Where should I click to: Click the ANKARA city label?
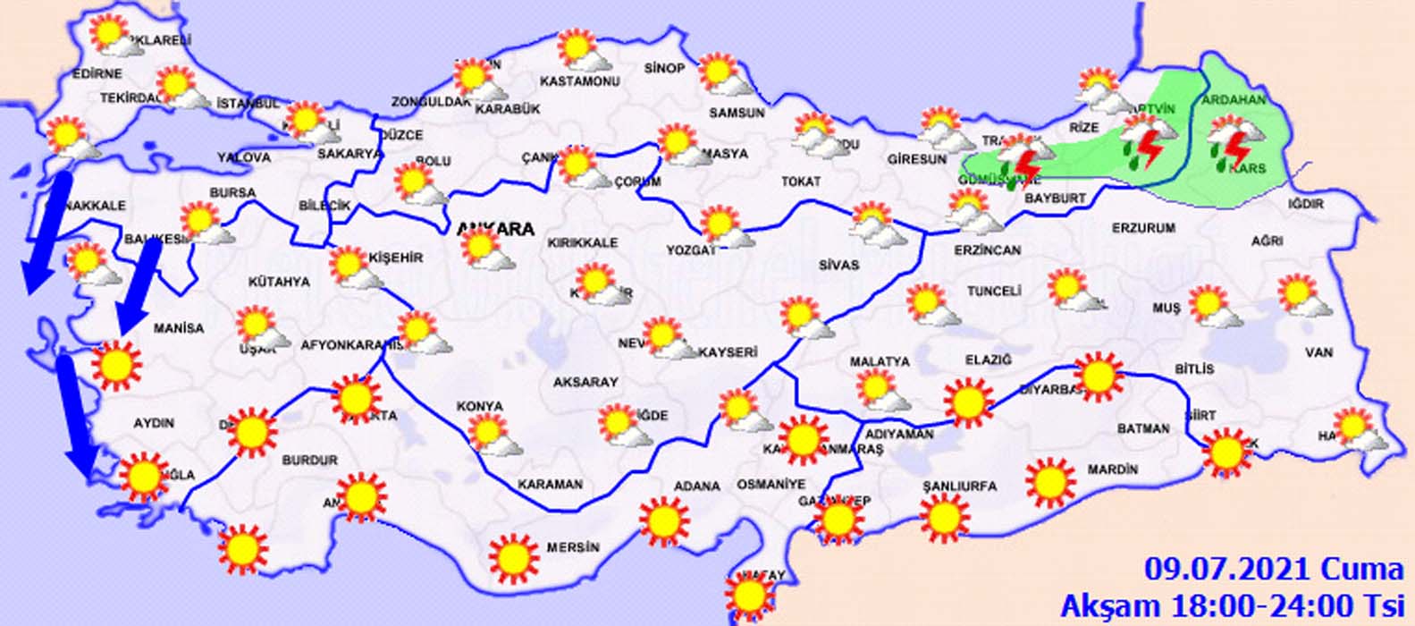(498, 229)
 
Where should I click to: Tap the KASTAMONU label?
(580, 81)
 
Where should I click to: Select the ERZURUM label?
(1143, 228)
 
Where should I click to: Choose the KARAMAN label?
(551, 485)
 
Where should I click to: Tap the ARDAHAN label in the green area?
(1234, 100)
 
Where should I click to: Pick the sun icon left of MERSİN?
(514, 557)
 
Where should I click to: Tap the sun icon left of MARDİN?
(1049, 481)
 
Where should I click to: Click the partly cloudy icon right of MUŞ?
(1214, 308)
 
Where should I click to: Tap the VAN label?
(1318, 353)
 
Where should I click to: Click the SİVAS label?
(838, 265)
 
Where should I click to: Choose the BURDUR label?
(309, 461)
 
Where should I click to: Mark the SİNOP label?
(664, 69)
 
